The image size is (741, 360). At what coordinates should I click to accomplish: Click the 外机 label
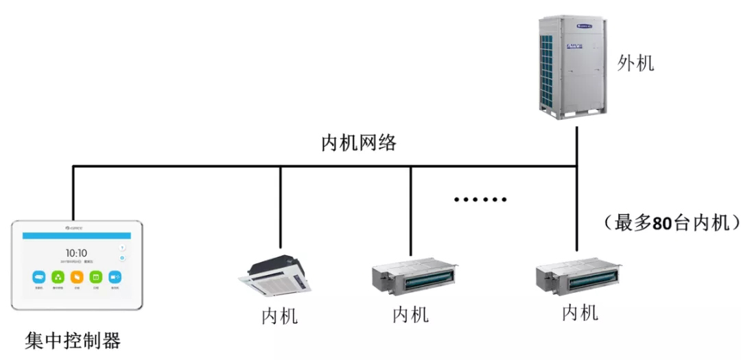(635, 64)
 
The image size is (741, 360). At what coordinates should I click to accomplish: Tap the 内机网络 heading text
(359, 143)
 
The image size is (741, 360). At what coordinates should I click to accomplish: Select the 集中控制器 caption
(73, 340)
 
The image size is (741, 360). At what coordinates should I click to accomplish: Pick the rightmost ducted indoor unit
(578, 275)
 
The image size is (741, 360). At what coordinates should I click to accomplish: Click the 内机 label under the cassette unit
(279, 317)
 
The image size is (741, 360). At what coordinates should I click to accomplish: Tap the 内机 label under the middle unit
(410, 315)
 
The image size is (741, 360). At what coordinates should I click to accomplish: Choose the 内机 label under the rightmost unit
(580, 313)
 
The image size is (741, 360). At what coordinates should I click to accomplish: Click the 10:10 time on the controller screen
(76, 254)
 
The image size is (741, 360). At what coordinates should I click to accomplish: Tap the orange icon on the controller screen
(77, 278)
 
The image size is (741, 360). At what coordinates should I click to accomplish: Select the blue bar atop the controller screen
(76, 235)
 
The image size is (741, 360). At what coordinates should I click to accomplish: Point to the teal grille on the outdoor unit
(548, 69)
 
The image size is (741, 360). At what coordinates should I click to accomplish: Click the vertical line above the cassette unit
(280, 206)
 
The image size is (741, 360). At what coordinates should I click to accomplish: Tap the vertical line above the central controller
(73, 192)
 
